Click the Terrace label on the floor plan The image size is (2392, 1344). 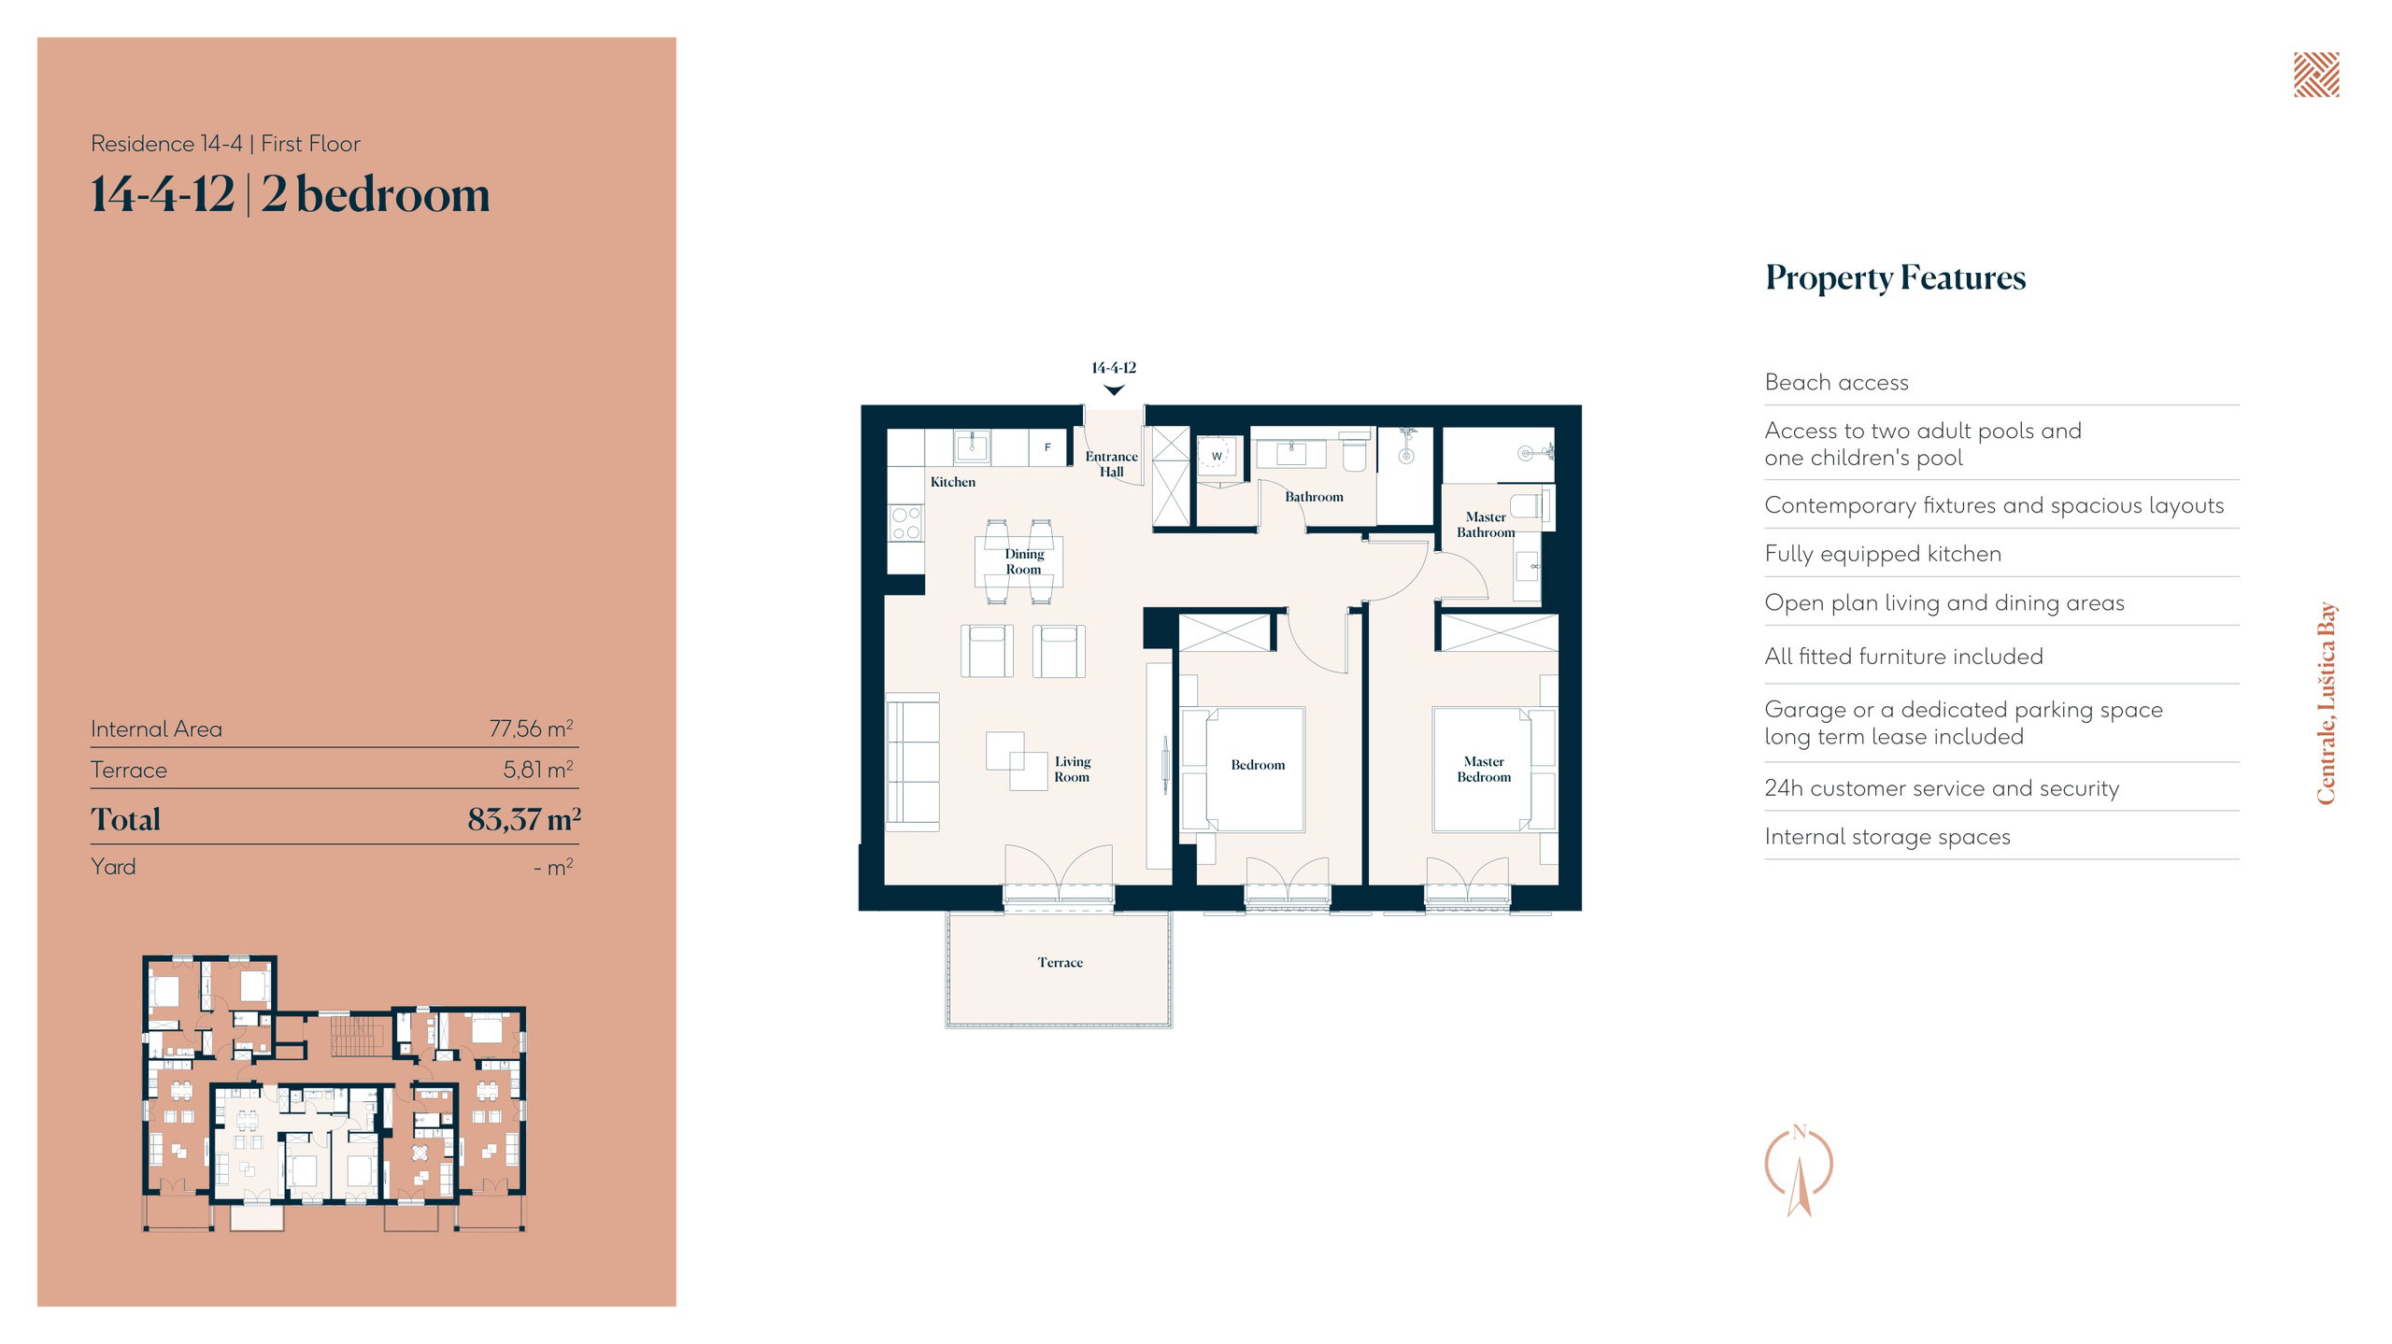[x=1060, y=962]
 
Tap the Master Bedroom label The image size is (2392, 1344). [x=1484, y=769]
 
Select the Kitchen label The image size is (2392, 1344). [x=952, y=482]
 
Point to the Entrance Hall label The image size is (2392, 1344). [x=1111, y=464]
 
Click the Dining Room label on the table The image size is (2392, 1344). [x=1024, y=561]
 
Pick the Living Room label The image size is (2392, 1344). [x=1072, y=769]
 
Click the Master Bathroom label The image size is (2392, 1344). [x=1486, y=524]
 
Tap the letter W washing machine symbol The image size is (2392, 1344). [x=1217, y=457]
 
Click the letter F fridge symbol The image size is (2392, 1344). [x=1047, y=447]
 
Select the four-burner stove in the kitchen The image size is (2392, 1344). [x=905, y=523]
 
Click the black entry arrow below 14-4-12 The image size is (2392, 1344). [x=1114, y=390]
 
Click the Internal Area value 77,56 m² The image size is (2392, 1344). [x=531, y=729]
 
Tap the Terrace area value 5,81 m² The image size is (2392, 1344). [x=538, y=770]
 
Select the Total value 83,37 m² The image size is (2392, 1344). [x=524, y=819]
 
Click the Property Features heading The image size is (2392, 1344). [x=1895, y=277]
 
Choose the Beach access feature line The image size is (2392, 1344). [x=1836, y=382]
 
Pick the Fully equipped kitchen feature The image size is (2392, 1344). [x=1883, y=554]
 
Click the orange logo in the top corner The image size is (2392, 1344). [x=2316, y=75]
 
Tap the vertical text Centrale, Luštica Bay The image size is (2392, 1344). [x=2326, y=702]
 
